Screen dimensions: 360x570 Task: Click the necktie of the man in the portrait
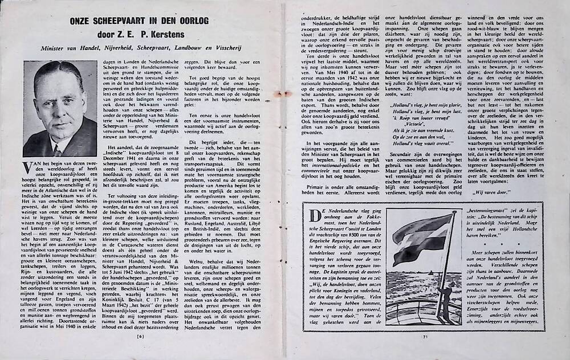[58, 149]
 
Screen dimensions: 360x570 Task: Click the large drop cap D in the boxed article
[312, 215]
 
